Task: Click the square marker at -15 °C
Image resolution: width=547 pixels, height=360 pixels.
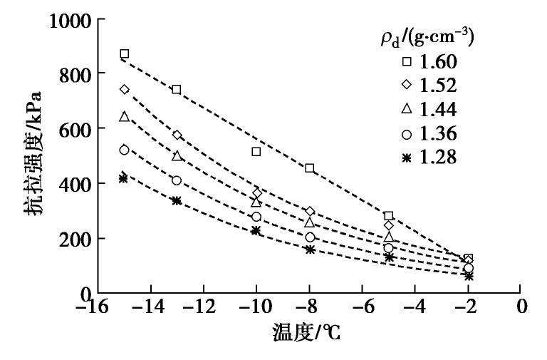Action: (x=125, y=54)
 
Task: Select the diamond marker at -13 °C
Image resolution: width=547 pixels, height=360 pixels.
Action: (x=177, y=135)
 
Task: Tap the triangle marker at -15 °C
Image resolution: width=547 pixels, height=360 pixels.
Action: (x=125, y=116)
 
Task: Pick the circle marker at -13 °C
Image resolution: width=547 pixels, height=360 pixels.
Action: (x=177, y=180)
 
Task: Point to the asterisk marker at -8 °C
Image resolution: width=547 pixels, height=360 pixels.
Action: (x=310, y=250)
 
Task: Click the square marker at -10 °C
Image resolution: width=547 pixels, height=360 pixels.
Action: (x=256, y=152)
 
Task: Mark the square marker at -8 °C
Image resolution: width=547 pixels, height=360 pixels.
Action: (x=310, y=168)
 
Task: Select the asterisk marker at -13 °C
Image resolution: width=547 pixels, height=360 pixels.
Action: (x=177, y=201)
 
